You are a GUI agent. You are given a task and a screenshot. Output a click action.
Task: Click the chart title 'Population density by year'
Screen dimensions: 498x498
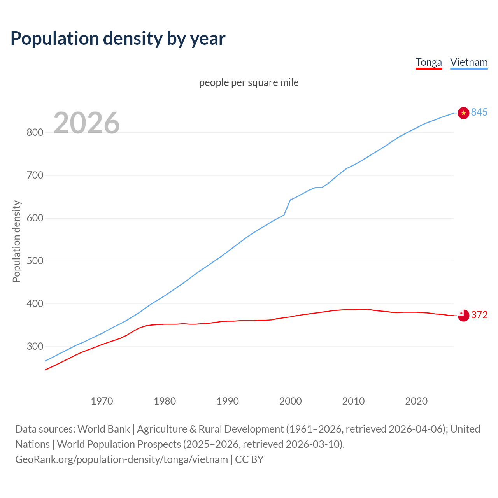[x=118, y=39]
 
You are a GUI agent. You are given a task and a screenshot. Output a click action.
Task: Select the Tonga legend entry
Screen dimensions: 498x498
[x=429, y=63]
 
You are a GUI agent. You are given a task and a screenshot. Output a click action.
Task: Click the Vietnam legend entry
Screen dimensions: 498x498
[x=469, y=63]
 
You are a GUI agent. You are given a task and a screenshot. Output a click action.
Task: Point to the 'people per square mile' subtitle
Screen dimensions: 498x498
[x=249, y=83]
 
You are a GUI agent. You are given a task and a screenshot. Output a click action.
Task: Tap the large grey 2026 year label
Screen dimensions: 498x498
[x=86, y=123]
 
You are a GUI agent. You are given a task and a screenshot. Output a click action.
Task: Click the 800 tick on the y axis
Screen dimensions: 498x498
[x=35, y=133]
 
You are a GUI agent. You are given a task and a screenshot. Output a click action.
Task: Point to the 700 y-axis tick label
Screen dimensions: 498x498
[x=35, y=175]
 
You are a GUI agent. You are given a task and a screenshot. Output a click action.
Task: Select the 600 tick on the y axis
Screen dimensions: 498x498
[x=35, y=218]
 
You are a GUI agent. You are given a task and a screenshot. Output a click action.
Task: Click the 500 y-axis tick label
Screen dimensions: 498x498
[x=35, y=261]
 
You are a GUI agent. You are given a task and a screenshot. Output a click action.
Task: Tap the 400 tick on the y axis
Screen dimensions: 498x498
[x=35, y=304]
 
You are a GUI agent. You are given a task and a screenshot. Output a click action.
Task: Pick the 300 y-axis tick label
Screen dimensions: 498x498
[x=35, y=347]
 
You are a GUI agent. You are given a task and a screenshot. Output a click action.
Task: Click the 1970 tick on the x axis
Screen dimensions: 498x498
[x=102, y=401]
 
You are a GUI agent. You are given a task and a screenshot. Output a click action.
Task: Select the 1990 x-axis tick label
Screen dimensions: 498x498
[x=228, y=401]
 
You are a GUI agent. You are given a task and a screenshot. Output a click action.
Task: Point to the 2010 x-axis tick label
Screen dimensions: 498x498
[x=353, y=401]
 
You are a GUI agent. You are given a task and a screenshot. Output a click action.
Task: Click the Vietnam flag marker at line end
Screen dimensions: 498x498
[x=463, y=113]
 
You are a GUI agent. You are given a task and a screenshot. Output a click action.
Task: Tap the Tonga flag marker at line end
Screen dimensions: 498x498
[x=463, y=316]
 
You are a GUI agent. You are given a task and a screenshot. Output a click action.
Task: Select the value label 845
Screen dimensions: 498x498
[x=479, y=112]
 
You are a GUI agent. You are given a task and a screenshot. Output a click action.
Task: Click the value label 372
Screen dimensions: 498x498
[x=479, y=315]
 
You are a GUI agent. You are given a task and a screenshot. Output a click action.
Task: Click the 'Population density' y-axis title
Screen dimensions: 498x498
[x=16, y=241]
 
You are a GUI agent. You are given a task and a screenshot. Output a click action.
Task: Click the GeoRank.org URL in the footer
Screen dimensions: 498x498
[x=121, y=459]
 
